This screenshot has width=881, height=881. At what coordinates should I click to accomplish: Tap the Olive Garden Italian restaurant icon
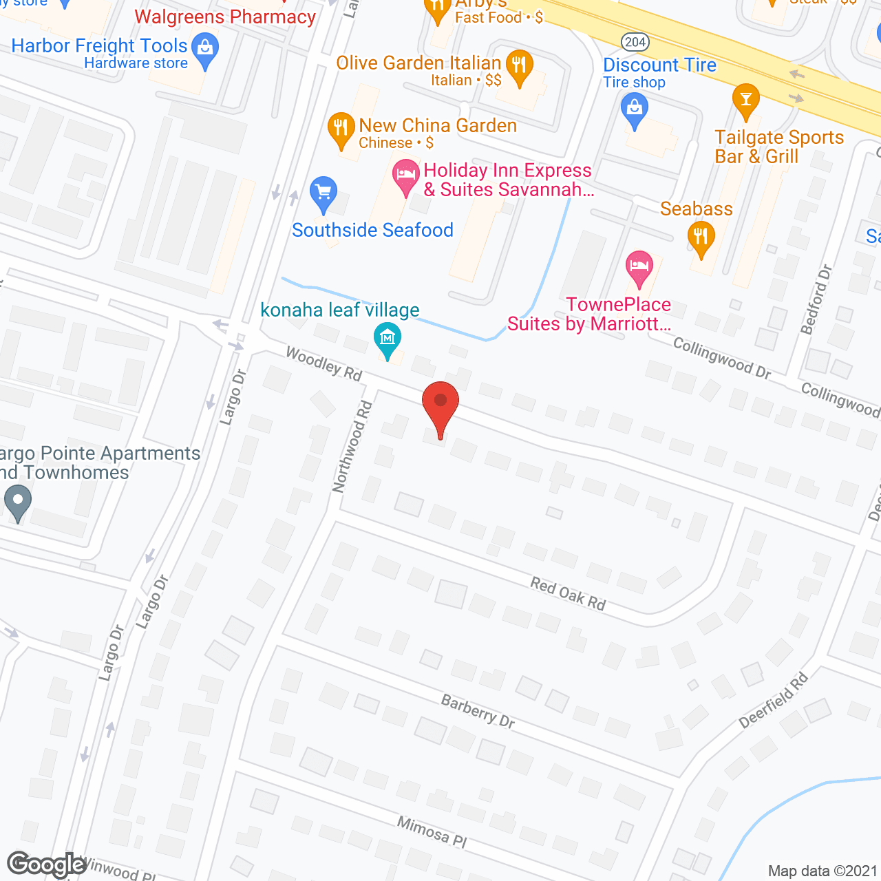pyautogui.click(x=520, y=66)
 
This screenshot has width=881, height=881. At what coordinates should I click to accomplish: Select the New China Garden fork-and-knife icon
pyautogui.click(x=341, y=128)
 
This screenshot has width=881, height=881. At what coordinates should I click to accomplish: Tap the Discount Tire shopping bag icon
pyautogui.click(x=635, y=110)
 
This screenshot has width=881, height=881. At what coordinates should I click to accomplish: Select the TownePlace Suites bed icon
pyautogui.click(x=639, y=266)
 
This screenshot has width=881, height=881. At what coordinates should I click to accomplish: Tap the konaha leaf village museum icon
pyautogui.click(x=388, y=338)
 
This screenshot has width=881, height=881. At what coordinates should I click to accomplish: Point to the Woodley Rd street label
pyautogui.click(x=323, y=363)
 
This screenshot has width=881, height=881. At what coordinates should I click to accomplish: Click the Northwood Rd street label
pyautogui.click(x=352, y=447)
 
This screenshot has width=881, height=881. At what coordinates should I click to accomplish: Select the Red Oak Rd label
pyautogui.click(x=568, y=593)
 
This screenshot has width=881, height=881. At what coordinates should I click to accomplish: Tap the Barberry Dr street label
pyautogui.click(x=478, y=711)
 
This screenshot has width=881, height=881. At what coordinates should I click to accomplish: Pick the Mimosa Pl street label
pyautogui.click(x=432, y=831)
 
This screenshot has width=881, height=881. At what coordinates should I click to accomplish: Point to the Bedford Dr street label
pyautogui.click(x=817, y=299)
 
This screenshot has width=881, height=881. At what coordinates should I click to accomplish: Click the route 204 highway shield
pyautogui.click(x=635, y=42)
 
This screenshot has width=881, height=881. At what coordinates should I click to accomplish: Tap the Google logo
pyautogui.click(x=47, y=864)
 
